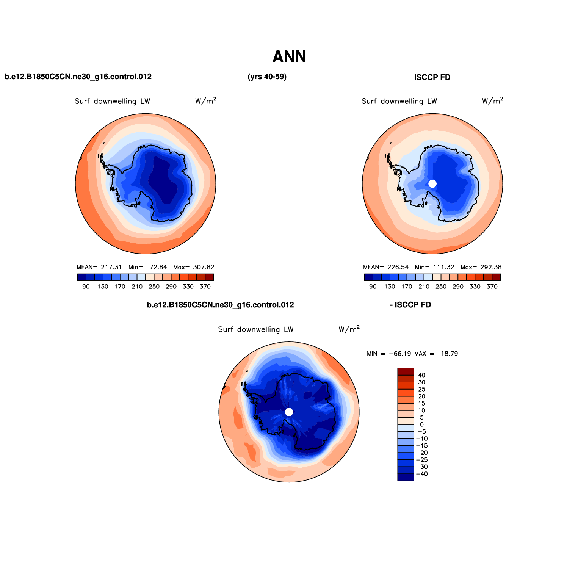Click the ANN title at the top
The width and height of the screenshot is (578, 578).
[289, 57]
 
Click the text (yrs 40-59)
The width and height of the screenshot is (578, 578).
[267, 77]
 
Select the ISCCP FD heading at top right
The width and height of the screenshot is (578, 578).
[432, 77]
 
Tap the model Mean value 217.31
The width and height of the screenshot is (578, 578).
[111, 267]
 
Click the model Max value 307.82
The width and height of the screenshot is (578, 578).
[204, 267]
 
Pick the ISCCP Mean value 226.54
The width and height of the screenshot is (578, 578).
[398, 267]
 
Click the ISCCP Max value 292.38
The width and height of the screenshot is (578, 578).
[491, 267]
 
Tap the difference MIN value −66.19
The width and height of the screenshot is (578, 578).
[400, 354]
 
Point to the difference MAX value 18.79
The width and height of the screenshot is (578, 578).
[450, 354]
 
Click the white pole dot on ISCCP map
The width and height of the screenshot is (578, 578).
[432, 184]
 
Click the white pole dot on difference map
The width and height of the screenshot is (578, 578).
[289, 412]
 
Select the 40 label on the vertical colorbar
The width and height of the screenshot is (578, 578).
[421, 375]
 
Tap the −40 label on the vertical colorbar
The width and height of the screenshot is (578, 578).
[422, 474]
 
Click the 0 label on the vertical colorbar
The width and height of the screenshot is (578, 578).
[422, 424]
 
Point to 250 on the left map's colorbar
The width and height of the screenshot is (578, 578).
[154, 287]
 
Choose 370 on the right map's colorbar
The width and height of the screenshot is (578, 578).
[492, 287]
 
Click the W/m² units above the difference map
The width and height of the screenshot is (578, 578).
[349, 329]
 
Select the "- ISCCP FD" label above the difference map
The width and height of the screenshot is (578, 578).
[410, 305]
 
